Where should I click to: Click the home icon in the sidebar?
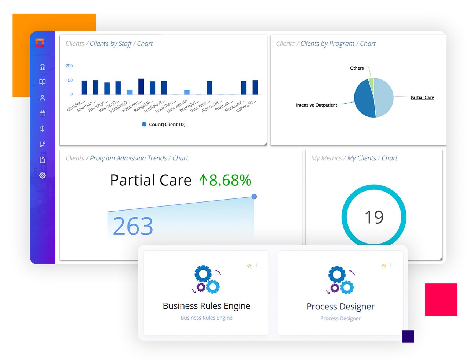[x=42, y=67]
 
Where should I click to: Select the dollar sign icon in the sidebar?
[x=42, y=129]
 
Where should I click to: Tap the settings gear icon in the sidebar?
[x=42, y=175]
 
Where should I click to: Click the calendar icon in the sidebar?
[x=42, y=114]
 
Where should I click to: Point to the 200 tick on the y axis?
[x=69, y=66]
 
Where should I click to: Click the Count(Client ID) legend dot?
[x=144, y=125]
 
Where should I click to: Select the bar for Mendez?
[x=84, y=88]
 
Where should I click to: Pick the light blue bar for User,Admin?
[x=187, y=92]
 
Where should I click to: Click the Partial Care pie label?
[x=422, y=97]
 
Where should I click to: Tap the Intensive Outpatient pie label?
[x=316, y=105]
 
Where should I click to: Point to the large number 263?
[x=133, y=226]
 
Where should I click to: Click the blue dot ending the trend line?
[x=254, y=197]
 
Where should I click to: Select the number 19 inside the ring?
[x=374, y=218]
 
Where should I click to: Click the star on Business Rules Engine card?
[x=249, y=266]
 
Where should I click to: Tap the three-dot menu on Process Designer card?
[x=391, y=265]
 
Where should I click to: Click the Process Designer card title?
[x=341, y=307]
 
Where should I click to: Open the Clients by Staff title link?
[x=111, y=44]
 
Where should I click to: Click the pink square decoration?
[x=441, y=300]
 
